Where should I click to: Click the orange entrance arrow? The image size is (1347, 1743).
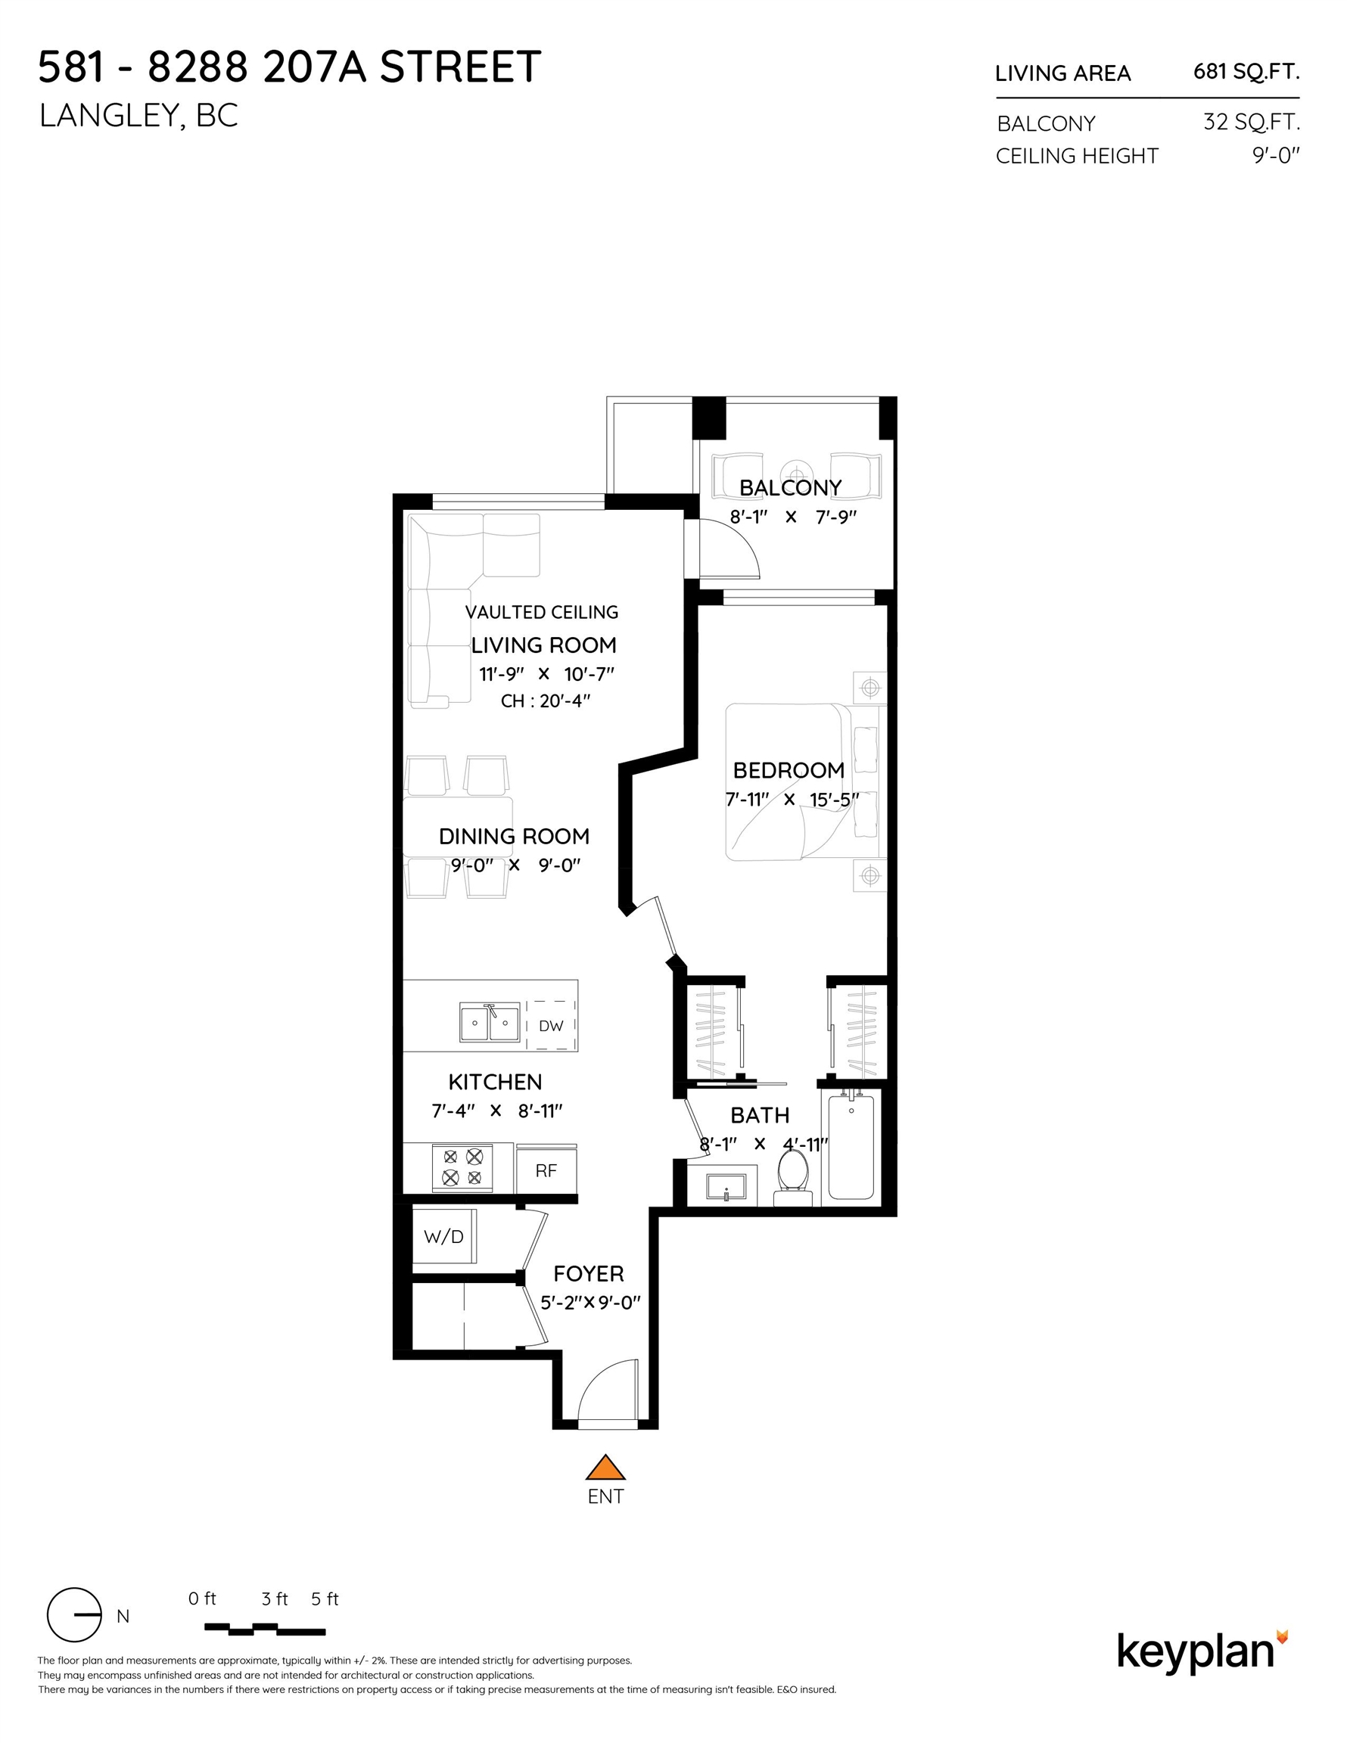(x=605, y=1467)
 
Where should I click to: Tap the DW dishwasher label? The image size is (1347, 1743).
(x=551, y=1026)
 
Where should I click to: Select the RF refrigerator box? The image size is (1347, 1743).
(x=546, y=1170)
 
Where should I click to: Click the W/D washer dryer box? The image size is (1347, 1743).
(x=444, y=1236)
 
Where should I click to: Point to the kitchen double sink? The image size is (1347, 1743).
(x=490, y=1023)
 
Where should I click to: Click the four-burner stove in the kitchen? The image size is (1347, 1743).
(x=462, y=1167)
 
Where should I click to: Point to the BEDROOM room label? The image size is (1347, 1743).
(x=788, y=770)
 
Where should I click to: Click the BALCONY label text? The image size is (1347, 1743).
(x=790, y=488)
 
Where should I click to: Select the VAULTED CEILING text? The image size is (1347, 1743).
(x=541, y=612)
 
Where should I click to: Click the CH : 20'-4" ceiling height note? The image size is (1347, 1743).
(x=546, y=701)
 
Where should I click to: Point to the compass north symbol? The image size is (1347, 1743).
(x=75, y=1615)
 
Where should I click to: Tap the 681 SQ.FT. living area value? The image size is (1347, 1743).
(x=1246, y=72)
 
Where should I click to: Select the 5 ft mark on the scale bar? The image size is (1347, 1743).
(x=324, y=1599)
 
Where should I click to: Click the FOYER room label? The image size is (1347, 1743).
(x=589, y=1274)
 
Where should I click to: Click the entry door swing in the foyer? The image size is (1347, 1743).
(x=607, y=1393)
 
